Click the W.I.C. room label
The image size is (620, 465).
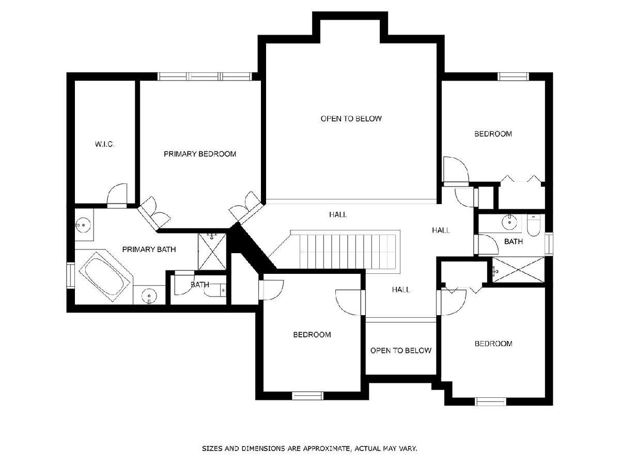click(104, 144)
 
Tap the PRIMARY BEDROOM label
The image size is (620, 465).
click(200, 154)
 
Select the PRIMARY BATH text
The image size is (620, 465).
click(149, 250)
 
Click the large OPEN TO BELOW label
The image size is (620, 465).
click(351, 119)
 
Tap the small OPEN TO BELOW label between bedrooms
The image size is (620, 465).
click(400, 350)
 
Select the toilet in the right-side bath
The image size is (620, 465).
click(533, 225)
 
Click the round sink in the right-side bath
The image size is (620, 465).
click(509, 222)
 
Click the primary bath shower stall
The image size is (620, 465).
click(212, 251)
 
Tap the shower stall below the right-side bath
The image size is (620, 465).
click(518, 269)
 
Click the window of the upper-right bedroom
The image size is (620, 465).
click(513, 76)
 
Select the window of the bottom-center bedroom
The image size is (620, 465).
click(307, 396)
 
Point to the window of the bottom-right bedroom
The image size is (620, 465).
click(491, 401)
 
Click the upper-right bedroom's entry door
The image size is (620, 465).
click(455, 170)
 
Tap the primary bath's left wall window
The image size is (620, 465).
click(71, 275)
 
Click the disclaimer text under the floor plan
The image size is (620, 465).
click(309, 448)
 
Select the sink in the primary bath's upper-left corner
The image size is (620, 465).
click(84, 225)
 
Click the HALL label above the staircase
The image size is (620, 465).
click(338, 214)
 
